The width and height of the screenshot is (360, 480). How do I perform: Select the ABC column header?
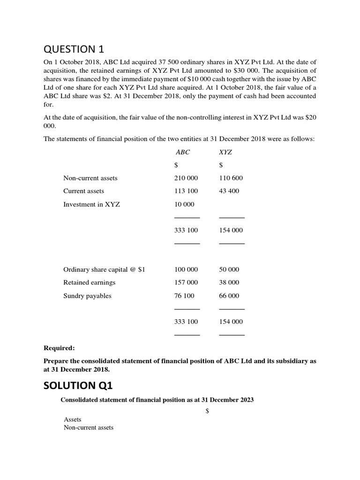pos(183,152)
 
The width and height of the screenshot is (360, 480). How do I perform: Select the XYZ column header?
pos(225,152)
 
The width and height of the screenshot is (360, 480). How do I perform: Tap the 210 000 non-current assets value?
pos(186,178)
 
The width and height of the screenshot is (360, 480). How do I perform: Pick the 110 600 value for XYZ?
pos(231,178)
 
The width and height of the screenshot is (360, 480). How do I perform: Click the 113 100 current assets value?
pos(186,191)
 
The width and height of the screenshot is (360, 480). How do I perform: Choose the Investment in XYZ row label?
pos(91,204)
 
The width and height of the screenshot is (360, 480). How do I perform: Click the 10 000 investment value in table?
pos(184,204)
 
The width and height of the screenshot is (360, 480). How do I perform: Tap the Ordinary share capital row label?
pos(104,270)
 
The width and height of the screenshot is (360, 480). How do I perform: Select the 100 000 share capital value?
pos(186,270)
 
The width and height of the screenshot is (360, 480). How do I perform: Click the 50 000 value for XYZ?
pos(229,270)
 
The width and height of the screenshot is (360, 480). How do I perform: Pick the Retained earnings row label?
pos(89,283)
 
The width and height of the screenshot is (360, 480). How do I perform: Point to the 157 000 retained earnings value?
pos(186,283)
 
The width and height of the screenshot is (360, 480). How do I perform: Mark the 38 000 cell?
pos(229,283)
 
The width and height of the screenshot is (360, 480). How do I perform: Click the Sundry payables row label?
pos(87,296)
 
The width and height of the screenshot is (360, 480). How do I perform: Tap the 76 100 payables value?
pos(184,296)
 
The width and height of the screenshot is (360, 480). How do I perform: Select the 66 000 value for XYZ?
pos(229,296)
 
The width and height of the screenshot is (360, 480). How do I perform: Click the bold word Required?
pos(59,348)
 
